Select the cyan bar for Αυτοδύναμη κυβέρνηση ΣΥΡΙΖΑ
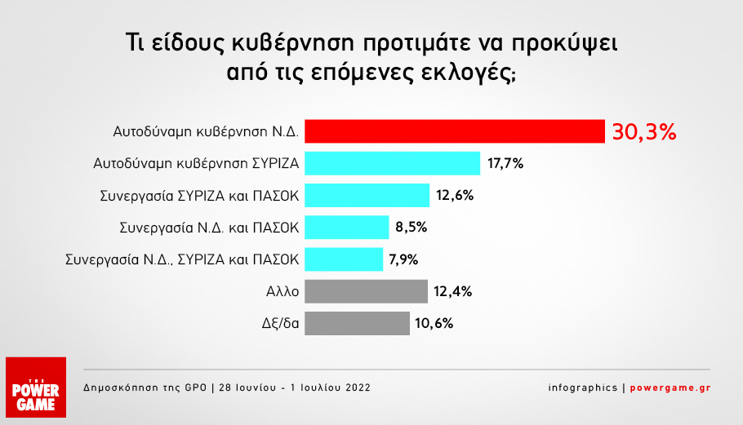pyautogui.click(x=393, y=163)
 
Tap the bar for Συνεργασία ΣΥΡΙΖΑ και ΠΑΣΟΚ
pyautogui.click(x=367, y=196)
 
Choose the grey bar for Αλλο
pyautogui.click(x=367, y=291)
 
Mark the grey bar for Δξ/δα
pyautogui.click(x=358, y=323)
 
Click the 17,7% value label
pyautogui.click(x=505, y=164)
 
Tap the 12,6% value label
pyautogui.click(x=455, y=196)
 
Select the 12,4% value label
pyautogui.click(x=453, y=291)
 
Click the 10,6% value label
pyautogui.click(x=434, y=323)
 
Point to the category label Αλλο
pyautogui.click(x=283, y=291)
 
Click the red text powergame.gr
pyautogui.click(x=672, y=387)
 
